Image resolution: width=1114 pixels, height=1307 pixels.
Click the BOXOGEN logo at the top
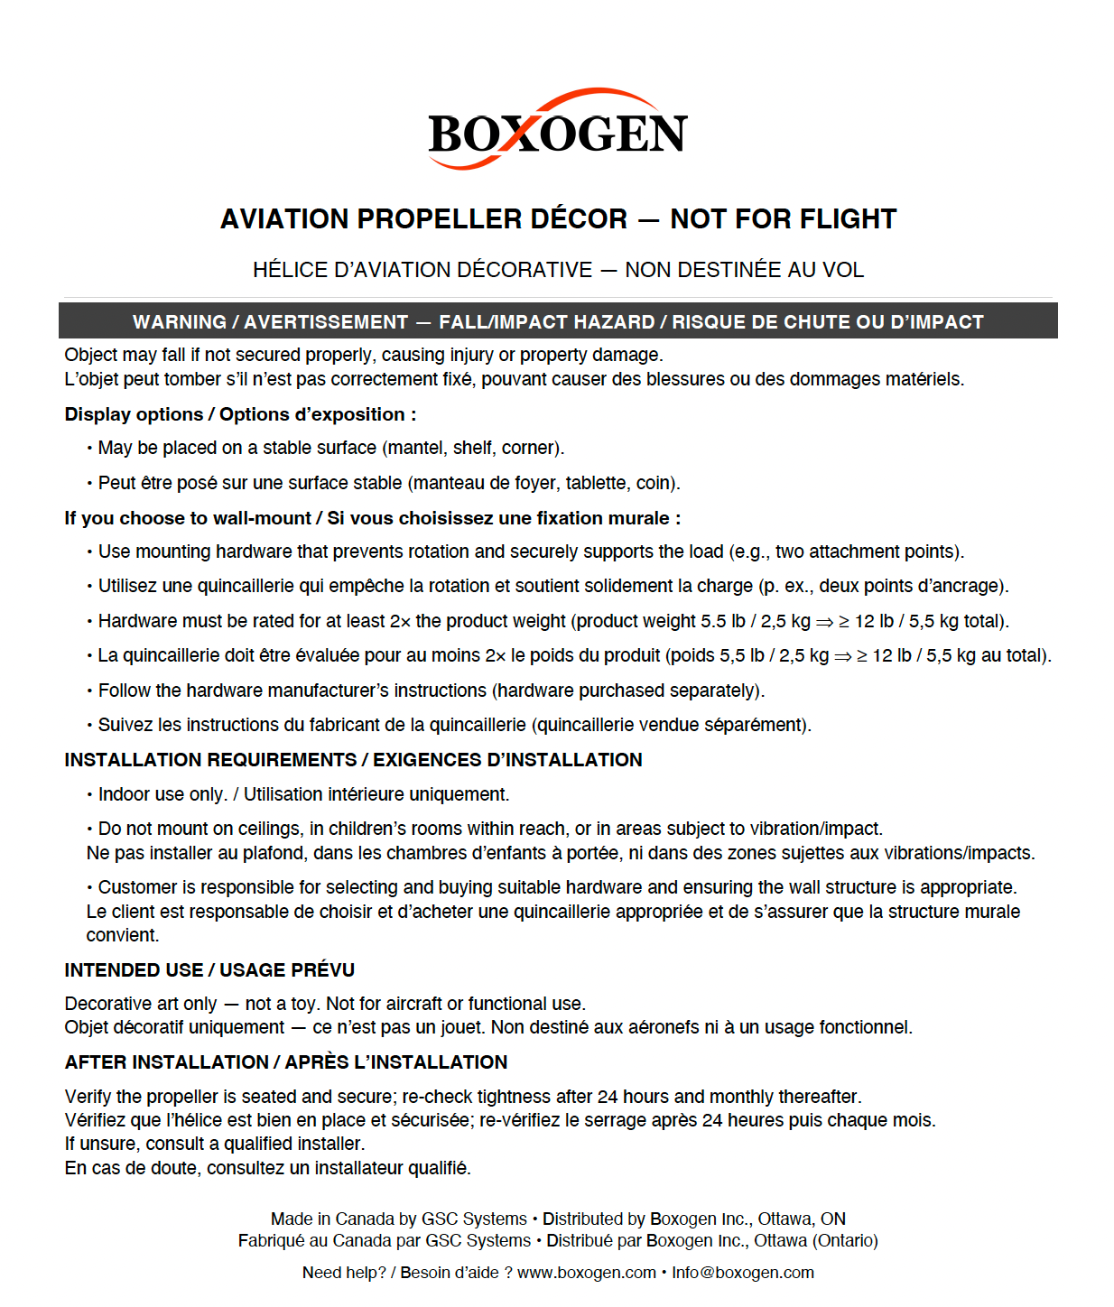pyautogui.click(x=557, y=132)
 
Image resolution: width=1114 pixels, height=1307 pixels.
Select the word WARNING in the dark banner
pyautogui.click(x=180, y=322)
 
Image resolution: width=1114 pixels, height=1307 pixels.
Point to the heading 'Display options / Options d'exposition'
pyautogui.click(x=240, y=414)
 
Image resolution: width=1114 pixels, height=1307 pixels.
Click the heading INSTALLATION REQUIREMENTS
pyautogui.click(x=210, y=760)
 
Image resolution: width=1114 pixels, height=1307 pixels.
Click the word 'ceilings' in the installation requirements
pyautogui.click(x=269, y=829)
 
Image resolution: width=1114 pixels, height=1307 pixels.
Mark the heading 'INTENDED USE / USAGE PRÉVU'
pyautogui.click(x=209, y=970)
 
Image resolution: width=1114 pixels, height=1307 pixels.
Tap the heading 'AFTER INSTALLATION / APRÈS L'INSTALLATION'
pyautogui.click(x=285, y=1062)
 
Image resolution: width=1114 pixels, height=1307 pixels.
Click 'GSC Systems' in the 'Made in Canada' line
pyautogui.click(x=474, y=1219)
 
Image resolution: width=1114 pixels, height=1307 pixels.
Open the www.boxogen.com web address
pyautogui.click(x=586, y=1273)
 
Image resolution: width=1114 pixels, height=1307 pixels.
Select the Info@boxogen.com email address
pyautogui.click(x=742, y=1273)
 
